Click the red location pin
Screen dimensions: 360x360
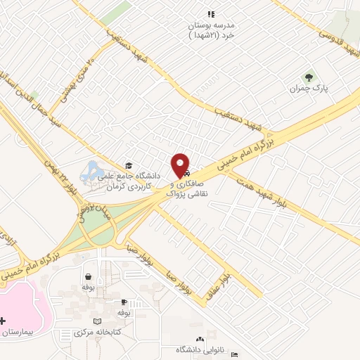tap(181, 165)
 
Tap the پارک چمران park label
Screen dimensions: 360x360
tap(310, 90)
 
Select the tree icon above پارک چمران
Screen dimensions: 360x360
tap(307, 77)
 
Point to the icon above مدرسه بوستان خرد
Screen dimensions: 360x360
tap(210, 13)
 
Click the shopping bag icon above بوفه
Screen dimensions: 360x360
tap(88, 277)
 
